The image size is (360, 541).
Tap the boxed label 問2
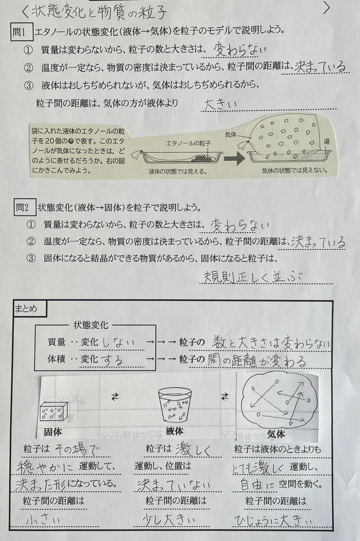(25, 207)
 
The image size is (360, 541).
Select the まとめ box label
(29, 308)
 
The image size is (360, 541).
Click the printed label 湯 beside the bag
(326, 141)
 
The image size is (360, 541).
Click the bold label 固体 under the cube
(53, 432)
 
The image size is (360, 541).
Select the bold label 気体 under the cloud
(276, 434)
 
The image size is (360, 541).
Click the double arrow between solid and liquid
(115, 397)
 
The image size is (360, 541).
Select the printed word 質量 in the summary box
(56, 342)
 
